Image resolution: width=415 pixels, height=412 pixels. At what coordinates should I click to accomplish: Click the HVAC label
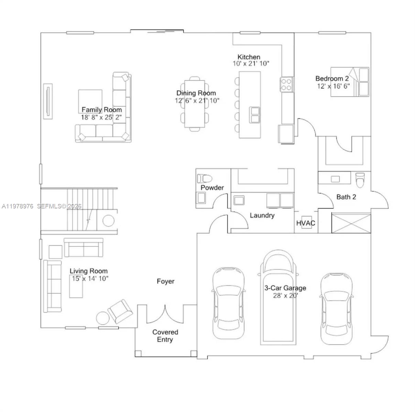pyautogui.click(x=306, y=223)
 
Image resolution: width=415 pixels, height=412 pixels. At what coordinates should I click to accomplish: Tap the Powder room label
pyautogui.click(x=212, y=187)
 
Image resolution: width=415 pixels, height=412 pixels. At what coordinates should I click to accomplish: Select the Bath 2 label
pyautogui.click(x=346, y=197)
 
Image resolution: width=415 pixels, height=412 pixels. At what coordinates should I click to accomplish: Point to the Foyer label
pyautogui.click(x=165, y=281)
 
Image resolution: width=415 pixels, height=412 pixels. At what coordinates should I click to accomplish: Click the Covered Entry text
pyautogui.click(x=165, y=336)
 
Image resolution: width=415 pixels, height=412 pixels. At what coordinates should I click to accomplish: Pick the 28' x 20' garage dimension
pyautogui.click(x=285, y=295)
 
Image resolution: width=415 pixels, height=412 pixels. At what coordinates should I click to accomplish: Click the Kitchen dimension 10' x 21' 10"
pyautogui.click(x=251, y=64)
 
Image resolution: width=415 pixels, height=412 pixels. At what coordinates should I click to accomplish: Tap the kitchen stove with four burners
pyautogui.click(x=286, y=84)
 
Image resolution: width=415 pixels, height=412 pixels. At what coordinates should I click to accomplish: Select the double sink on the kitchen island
pyautogui.click(x=255, y=115)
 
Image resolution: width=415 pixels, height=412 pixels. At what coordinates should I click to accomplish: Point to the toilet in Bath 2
pyautogui.click(x=360, y=180)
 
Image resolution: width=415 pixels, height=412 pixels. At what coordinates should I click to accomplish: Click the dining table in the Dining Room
pyautogui.click(x=195, y=104)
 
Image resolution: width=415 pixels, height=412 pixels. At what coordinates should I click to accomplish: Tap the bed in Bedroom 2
pyautogui.click(x=350, y=82)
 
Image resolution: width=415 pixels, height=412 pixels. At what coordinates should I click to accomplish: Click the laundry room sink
pyautogui.click(x=238, y=200)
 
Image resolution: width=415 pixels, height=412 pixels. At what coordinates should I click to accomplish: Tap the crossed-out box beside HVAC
pyautogui.click(x=351, y=223)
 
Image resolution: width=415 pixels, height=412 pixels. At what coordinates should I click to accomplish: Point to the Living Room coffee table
pyautogui.click(x=76, y=286)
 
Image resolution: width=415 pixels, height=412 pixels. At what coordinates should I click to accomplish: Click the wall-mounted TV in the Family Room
pyautogui.click(x=48, y=101)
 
